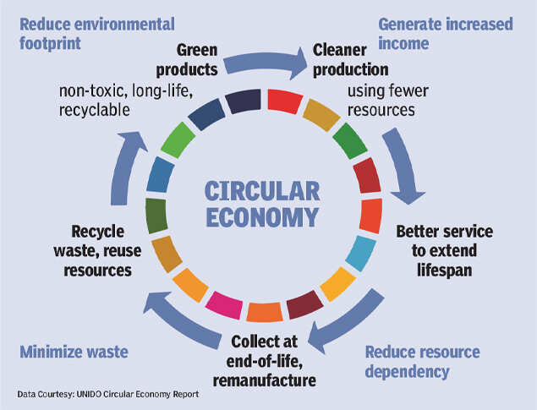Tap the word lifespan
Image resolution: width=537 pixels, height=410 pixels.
[x=443, y=270]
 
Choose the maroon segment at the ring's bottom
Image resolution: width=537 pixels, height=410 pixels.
[x=302, y=303]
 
